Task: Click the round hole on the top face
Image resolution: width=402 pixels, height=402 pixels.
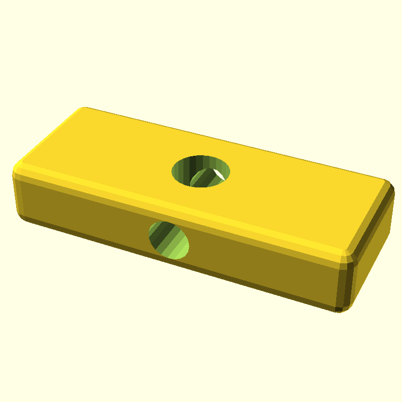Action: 201,171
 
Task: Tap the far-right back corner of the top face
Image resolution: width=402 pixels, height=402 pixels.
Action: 387,182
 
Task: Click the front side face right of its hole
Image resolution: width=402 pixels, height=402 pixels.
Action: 261,261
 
